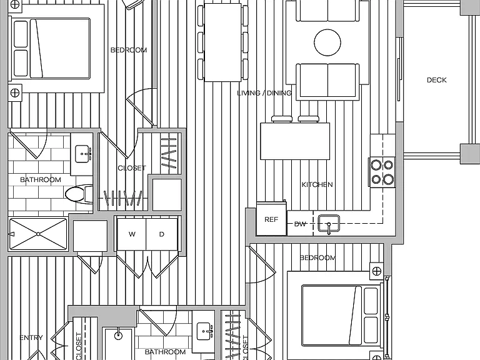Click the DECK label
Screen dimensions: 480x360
[x=436, y=80]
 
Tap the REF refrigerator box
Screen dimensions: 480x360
[x=271, y=219]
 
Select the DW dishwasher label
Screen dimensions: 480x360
[x=300, y=224]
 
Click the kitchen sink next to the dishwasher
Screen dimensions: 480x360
[x=329, y=223]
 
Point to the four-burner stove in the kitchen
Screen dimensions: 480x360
[x=382, y=172]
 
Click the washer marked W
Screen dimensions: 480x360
[x=132, y=234]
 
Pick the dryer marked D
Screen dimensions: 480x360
[x=162, y=234]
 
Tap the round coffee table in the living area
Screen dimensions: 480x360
[x=327, y=42]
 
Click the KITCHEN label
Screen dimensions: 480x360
[x=317, y=184]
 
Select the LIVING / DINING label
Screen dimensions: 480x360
[x=264, y=92]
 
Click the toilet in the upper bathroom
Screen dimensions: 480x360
[x=79, y=194]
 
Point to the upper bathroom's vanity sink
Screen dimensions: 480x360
[x=83, y=154]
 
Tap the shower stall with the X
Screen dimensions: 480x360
[x=38, y=234]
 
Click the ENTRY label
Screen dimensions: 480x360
[x=31, y=337]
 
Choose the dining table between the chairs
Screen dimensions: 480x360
[x=222, y=42]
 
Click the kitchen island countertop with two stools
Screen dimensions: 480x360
[x=295, y=141]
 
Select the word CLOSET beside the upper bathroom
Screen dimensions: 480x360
[x=132, y=168]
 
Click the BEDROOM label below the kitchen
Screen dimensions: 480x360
[x=317, y=257]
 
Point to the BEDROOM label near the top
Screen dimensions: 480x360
[x=129, y=50]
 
